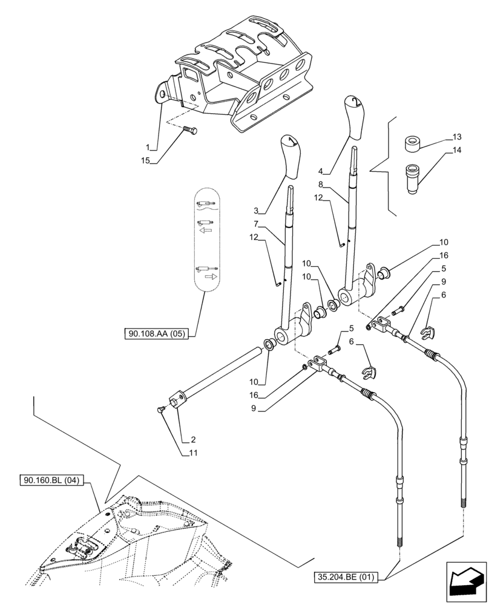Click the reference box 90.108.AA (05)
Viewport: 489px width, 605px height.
[157, 333]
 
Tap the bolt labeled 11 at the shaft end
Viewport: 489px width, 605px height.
[160, 410]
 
